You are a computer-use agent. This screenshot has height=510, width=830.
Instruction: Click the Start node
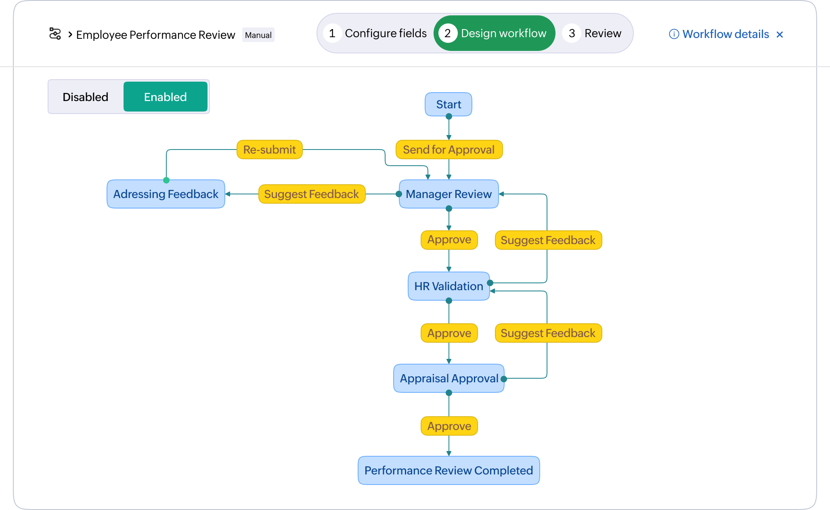coord(448,104)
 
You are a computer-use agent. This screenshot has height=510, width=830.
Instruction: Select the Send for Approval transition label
coord(449,150)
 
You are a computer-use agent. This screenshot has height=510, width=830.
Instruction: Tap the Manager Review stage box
coord(449,194)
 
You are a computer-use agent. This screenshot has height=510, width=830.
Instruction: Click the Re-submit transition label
coord(269,150)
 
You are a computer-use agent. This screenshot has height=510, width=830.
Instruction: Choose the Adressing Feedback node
coord(166,194)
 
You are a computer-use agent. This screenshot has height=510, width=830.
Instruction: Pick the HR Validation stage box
coord(449,286)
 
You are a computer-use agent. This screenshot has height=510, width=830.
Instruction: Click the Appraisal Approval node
coord(449,378)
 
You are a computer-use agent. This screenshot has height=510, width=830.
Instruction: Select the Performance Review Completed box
coord(449,470)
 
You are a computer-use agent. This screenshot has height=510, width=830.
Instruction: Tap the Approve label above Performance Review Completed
coord(449,426)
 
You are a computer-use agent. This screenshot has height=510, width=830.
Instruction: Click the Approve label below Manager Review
coord(449,240)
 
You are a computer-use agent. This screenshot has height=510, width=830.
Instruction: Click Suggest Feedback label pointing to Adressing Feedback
coord(311,194)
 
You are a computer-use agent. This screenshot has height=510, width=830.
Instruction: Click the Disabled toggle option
coord(86,97)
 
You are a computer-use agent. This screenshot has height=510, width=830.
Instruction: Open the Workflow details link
coord(725,34)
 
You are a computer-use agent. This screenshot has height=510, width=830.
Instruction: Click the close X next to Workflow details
coord(780,35)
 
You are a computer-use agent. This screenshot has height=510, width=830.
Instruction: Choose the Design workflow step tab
coord(494,33)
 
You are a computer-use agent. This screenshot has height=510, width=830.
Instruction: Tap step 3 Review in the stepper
coord(593,33)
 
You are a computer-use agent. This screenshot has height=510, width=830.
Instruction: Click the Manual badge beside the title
coord(258,35)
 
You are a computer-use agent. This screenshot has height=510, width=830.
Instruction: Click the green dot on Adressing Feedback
coord(166,180)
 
